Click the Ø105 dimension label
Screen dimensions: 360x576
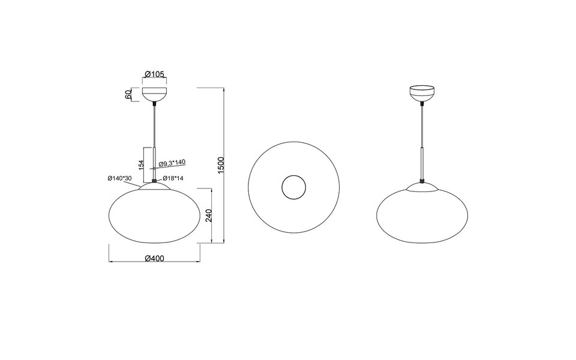(155, 74)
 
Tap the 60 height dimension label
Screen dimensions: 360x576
(128, 95)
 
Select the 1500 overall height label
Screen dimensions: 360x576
(220, 166)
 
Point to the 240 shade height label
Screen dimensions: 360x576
(208, 215)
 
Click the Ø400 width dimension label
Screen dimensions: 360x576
(155, 258)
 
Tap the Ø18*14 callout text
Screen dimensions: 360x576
(172, 178)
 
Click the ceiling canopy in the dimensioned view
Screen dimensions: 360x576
(155, 95)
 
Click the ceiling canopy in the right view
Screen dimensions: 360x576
(423, 94)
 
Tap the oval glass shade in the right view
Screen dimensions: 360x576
(423, 216)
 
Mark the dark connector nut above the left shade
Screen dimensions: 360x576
(155, 180)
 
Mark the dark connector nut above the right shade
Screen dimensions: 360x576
(423, 180)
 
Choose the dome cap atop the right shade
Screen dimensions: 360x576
(423, 187)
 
